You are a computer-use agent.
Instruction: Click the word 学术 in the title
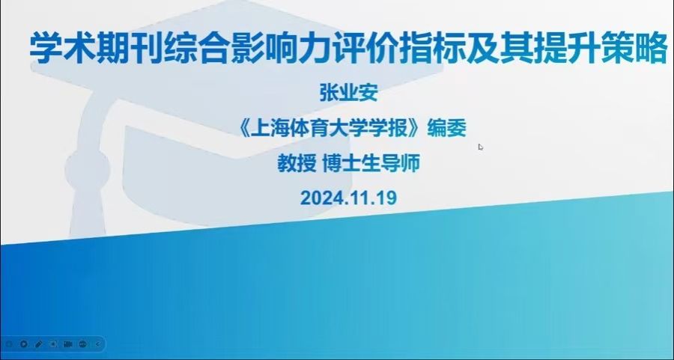[63, 49]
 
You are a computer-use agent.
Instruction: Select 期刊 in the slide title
[130, 49]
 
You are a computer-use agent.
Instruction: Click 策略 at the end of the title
[634, 49]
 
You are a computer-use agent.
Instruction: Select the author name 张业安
[348, 93]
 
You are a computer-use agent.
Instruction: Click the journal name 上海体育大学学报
[330, 129]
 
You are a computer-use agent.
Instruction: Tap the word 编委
[446, 129]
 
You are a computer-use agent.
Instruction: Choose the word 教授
[297, 163]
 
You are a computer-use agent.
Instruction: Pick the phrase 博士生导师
[371, 163]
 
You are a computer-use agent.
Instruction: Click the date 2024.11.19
[348, 198]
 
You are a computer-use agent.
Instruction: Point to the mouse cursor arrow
[481, 147]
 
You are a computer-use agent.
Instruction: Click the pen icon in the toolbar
[39, 344]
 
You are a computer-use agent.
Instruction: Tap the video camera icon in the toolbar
[68, 344]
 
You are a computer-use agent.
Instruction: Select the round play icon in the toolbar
[24, 344]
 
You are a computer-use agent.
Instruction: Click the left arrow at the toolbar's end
[97, 344]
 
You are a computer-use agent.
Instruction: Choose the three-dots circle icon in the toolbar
[83, 344]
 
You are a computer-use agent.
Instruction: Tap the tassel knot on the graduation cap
[88, 170]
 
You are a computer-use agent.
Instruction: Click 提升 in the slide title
[567, 49]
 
